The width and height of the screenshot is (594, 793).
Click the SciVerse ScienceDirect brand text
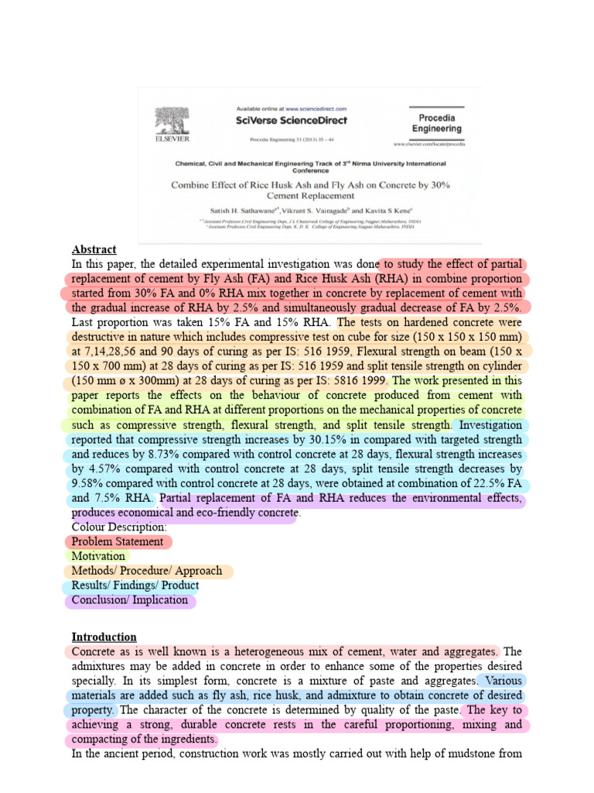pyautogui.click(x=291, y=120)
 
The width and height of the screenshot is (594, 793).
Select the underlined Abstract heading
pyautogui.click(x=94, y=249)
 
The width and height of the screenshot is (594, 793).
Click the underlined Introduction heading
pyautogui.click(x=104, y=637)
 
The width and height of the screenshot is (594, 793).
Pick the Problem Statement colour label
pyautogui.click(x=118, y=542)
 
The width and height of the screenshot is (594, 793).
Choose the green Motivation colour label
pyautogui.click(x=98, y=556)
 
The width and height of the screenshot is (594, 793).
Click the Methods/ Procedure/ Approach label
pyautogui.click(x=147, y=571)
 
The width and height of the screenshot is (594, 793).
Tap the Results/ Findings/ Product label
pyautogui.click(x=135, y=585)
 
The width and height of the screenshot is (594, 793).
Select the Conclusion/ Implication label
pyautogui.click(x=130, y=600)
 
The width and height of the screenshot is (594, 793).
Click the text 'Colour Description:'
pyautogui.click(x=119, y=527)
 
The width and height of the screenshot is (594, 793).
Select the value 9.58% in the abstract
pyautogui.click(x=88, y=484)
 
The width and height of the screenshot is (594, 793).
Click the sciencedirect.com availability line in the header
pyautogui.click(x=291, y=109)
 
